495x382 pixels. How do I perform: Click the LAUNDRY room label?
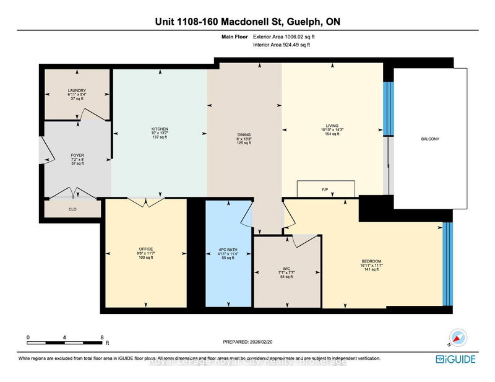coord(77,90)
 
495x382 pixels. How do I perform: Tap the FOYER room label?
coord(77,156)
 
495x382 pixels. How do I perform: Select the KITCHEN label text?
coord(159,129)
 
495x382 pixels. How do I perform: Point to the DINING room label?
coord(244,134)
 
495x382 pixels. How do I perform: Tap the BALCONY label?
coord(430,139)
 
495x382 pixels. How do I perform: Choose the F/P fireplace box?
coord(327,188)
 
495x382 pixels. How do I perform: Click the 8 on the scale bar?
coord(102,337)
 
